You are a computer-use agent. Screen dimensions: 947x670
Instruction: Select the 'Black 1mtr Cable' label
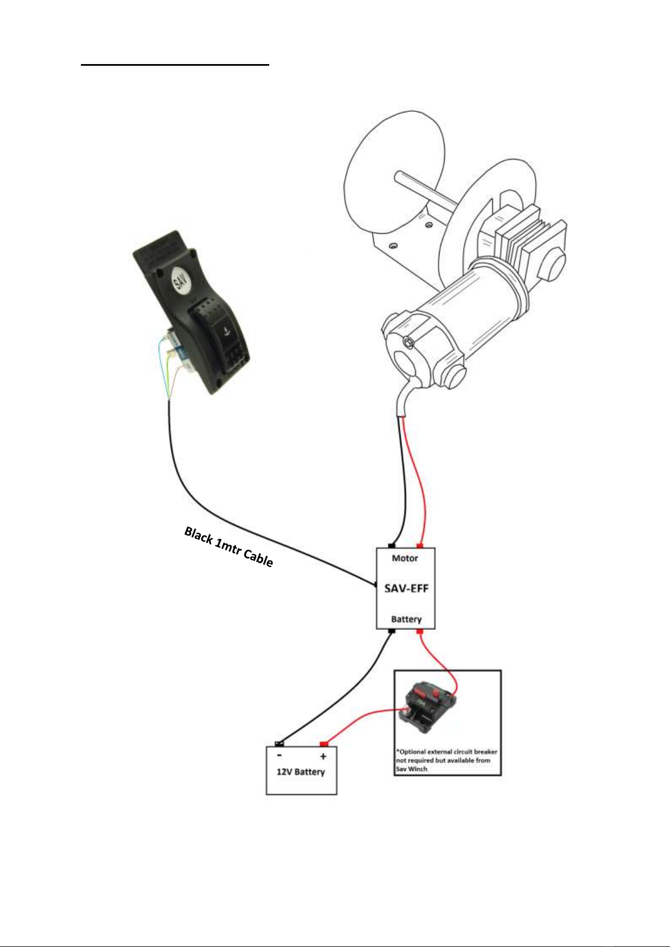(229, 546)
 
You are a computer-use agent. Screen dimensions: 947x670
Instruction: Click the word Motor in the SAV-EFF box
(405, 558)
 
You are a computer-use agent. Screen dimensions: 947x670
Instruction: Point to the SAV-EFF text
(406, 588)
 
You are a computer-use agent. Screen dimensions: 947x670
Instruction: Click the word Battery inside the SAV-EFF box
(406, 619)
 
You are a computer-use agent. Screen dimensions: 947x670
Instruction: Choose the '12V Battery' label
(301, 772)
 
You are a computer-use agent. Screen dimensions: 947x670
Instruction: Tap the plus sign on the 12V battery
(323, 756)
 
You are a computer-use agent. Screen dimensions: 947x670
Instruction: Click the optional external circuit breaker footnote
(447, 760)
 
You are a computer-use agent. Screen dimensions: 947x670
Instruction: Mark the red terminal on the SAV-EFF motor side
(419, 545)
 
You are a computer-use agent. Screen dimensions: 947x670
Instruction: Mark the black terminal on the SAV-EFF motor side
(391, 545)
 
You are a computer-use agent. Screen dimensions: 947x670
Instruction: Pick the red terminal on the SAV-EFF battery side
(419, 632)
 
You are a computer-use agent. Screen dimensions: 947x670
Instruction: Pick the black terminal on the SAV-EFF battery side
(392, 631)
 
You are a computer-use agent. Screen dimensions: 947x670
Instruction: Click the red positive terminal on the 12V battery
(323, 744)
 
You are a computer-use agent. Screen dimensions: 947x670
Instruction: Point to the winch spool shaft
(424, 188)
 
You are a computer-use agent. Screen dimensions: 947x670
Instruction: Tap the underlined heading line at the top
(175, 65)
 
